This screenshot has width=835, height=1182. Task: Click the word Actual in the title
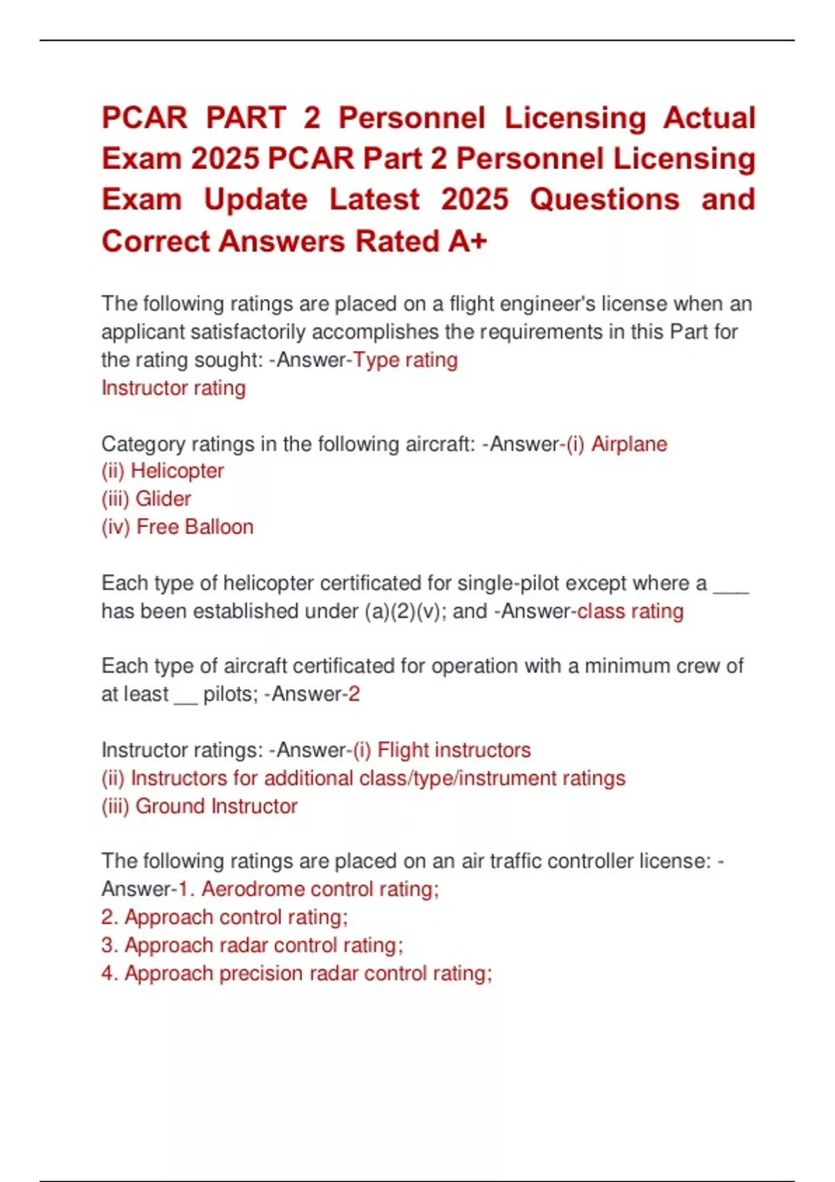coord(708,118)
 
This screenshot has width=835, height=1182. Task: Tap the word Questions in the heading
coord(604,200)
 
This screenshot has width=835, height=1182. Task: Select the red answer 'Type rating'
coord(406,360)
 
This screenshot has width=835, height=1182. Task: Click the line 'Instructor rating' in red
coord(173,388)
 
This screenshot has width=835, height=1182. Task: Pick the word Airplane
coord(629,444)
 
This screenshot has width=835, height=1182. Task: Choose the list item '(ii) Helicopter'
coord(162,471)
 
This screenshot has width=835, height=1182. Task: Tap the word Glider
coord(163,499)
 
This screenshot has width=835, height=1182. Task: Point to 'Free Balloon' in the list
coord(195,527)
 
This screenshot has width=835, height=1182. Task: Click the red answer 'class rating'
coord(630,611)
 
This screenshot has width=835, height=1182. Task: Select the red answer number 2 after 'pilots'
coord(354,694)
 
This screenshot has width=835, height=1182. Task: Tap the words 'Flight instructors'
coord(454,750)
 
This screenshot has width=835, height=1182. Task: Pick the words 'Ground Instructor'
coord(216,806)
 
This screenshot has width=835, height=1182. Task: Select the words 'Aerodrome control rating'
coord(319,889)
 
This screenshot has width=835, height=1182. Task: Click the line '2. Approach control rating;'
coord(224,917)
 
